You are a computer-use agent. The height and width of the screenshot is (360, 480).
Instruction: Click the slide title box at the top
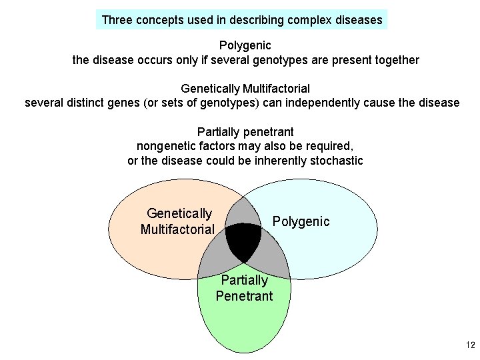coord(242,19)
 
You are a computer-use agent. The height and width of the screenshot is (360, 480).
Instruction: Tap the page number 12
coord(470,345)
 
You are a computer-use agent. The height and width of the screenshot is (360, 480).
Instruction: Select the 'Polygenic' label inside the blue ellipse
coord(301,221)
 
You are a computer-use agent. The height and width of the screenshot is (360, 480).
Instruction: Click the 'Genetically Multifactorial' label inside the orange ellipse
coord(178,221)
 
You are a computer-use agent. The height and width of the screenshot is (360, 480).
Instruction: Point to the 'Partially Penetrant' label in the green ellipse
coord(244,288)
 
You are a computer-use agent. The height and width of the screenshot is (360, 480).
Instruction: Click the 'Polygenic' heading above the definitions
coord(245,46)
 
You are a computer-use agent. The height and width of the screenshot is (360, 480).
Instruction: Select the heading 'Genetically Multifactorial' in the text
coord(245,88)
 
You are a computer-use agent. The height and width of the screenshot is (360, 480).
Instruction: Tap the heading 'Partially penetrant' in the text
coord(245,131)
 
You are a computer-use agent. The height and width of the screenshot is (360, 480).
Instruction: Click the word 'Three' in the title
coord(117,20)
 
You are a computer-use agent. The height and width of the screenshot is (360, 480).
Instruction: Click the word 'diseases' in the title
coord(359,20)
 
